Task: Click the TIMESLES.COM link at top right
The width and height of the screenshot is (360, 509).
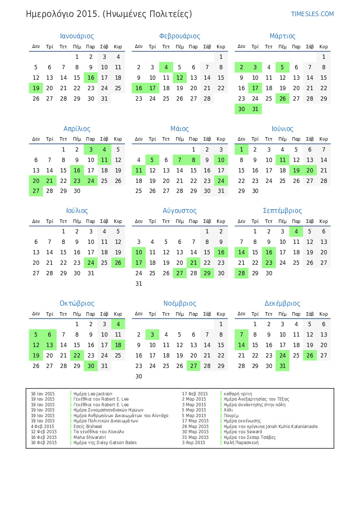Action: [312, 14]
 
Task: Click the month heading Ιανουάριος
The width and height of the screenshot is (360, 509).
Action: [77, 36]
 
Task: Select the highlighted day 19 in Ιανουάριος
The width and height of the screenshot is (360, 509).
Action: [36, 88]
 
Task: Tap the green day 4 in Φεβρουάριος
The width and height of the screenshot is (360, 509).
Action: [166, 67]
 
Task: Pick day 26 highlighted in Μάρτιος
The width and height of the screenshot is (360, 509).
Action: [283, 98]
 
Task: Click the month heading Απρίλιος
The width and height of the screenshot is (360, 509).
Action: [77, 129]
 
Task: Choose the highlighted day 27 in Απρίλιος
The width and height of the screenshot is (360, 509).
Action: [36, 191]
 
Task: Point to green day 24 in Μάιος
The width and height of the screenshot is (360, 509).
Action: [221, 181]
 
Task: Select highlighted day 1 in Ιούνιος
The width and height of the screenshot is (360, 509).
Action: [241, 149]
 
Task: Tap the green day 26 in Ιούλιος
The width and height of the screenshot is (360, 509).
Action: [118, 263]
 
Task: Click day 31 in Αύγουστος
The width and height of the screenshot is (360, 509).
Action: [138, 283]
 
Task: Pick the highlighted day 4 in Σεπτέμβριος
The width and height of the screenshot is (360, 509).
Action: [296, 232]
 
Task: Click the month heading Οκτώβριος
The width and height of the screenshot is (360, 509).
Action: [77, 303]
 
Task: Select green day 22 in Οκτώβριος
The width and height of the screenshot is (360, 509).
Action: [77, 355]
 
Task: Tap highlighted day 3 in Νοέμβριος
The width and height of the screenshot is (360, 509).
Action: [152, 334]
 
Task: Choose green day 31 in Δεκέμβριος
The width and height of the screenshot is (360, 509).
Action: [283, 366]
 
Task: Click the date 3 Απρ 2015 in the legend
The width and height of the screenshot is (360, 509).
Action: [193, 442]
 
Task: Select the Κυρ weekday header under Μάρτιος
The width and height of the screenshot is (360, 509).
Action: [323, 47]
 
